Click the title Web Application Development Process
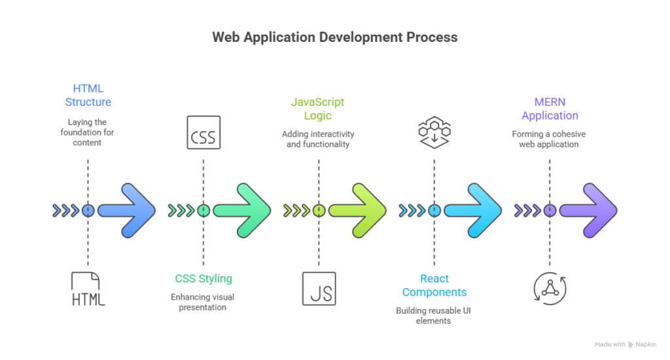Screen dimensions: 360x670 click(334, 38)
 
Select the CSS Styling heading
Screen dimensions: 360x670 click(203, 279)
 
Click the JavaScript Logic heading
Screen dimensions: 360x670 click(318, 109)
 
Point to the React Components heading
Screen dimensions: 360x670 click(434, 285)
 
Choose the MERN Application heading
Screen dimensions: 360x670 click(550, 109)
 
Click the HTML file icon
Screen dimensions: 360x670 click(88, 289)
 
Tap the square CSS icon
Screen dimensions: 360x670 click(203, 133)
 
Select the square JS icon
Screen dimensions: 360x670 click(319, 289)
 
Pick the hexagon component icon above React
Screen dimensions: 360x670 click(434, 133)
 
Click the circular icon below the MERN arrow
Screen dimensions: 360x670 click(550, 289)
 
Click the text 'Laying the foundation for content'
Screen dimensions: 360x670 click(88, 132)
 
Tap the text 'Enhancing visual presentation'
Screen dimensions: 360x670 click(203, 302)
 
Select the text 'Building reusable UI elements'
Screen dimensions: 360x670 click(434, 316)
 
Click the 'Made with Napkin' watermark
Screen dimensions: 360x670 click(625, 344)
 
